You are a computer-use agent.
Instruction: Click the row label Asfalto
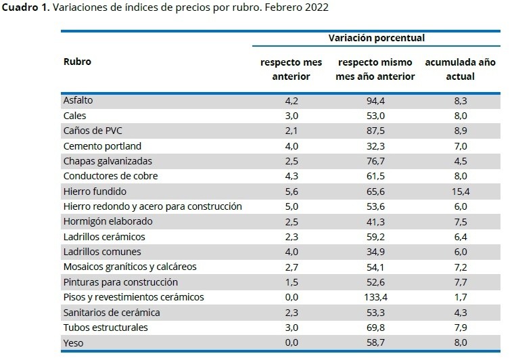coord(77,100)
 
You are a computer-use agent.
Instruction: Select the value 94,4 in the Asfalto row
coord(375,100)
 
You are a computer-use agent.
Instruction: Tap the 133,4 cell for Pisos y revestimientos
coord(375,297)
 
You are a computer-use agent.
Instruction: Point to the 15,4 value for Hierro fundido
coord(460,192)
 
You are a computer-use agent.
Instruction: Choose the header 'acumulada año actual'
coord(460,69)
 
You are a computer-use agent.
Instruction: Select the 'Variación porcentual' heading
coord(376,39)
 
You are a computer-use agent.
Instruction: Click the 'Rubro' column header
coord(76,62)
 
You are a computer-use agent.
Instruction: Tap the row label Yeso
coord(72,342)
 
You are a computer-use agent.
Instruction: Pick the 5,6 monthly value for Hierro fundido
coord(291,192)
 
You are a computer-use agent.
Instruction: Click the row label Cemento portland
coord(102,145)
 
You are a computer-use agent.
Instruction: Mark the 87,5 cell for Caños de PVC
coord(375,131)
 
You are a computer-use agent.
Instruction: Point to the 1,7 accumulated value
coord(460,297)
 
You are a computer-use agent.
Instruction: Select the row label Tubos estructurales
coord(105,328)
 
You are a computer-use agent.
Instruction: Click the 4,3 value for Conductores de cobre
coord(291,176)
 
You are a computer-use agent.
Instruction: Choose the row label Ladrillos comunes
coord(102,252)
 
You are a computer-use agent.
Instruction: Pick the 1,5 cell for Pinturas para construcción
coord(291,282)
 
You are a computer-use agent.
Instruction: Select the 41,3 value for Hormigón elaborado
coord(375,221)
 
